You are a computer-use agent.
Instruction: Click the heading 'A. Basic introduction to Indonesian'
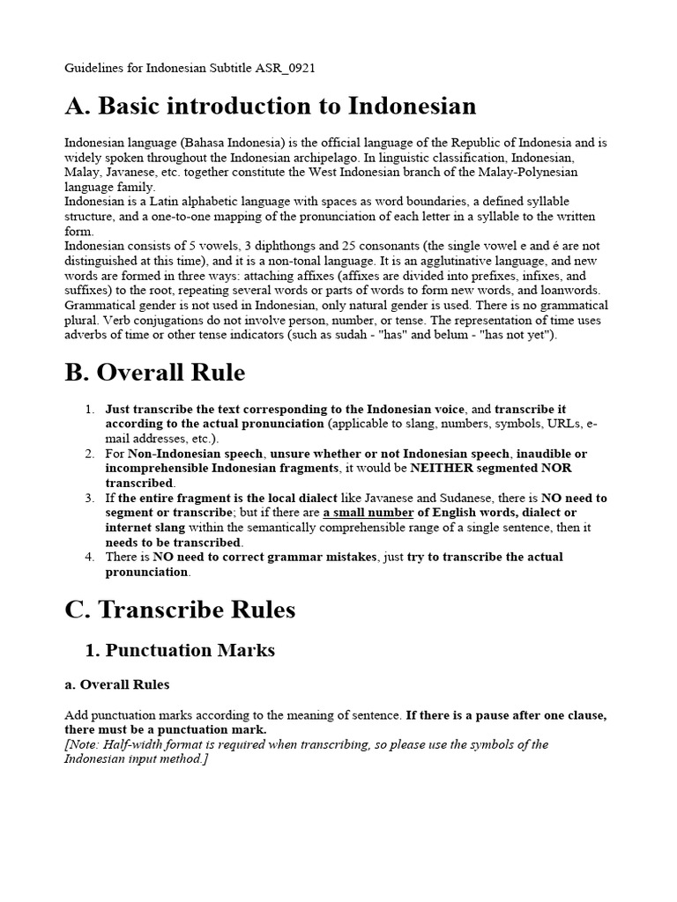click(x=271, y=107)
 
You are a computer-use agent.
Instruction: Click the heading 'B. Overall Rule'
click(x=155, y=373)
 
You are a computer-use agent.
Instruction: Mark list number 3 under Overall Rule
click(x=90, y=498)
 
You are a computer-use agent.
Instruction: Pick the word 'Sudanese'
click(x=432, y=498)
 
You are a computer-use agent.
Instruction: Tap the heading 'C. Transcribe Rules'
click(x=181, y=610)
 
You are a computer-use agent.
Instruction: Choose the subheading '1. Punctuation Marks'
click(x=180, y=651)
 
